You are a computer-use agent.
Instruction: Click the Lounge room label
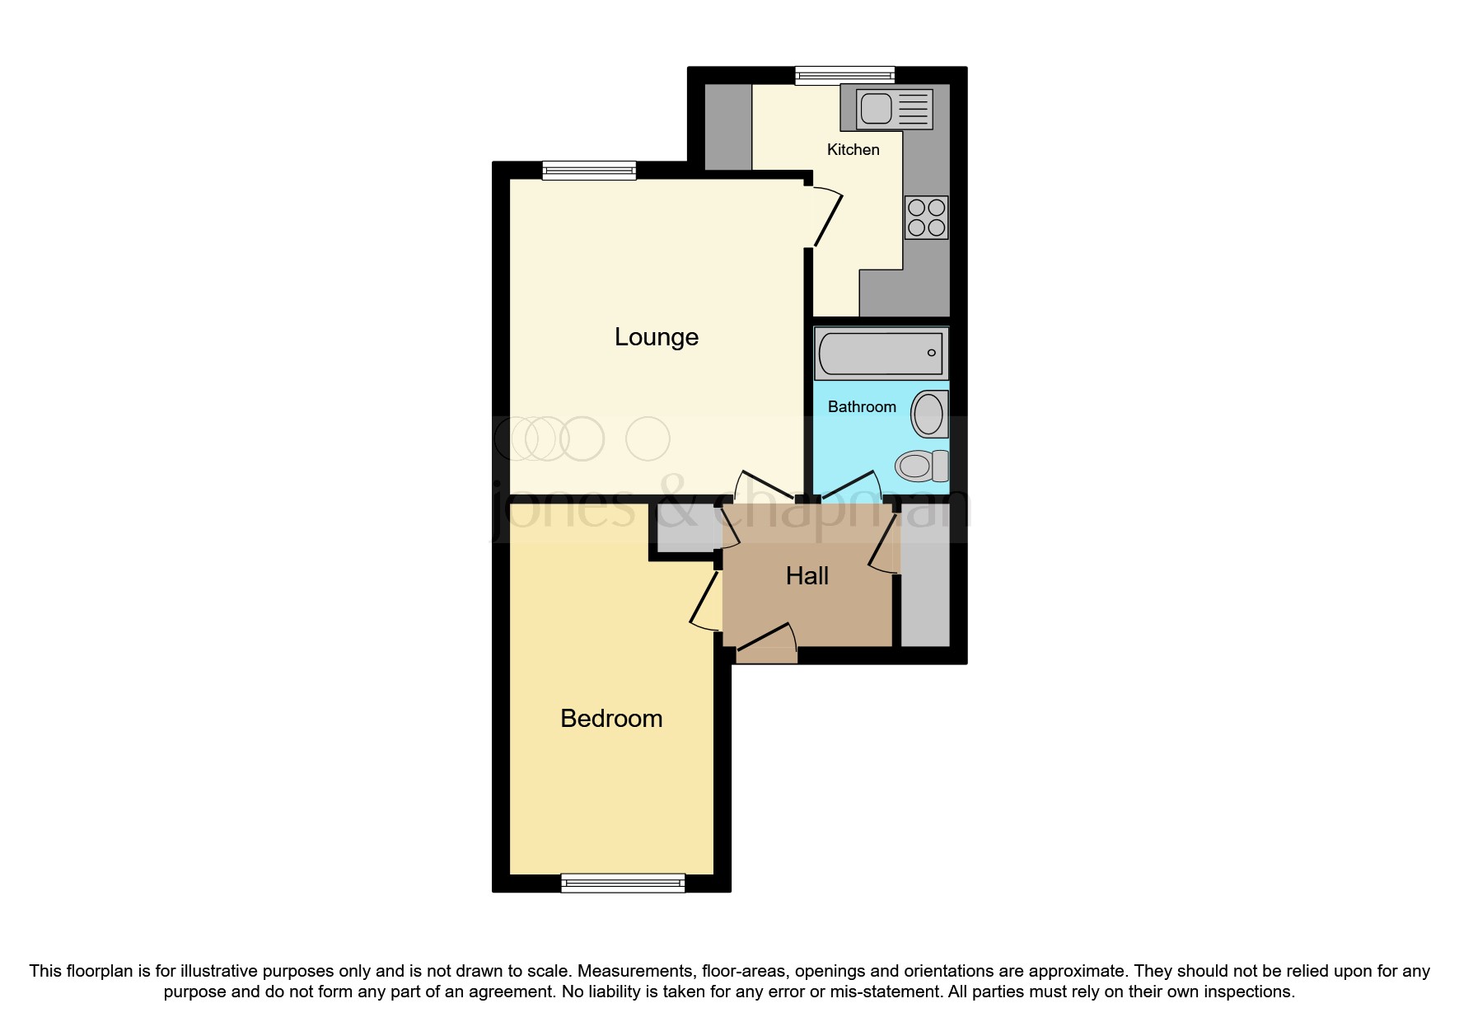pyautogui.click(x=657, y=337)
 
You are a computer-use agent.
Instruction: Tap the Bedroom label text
pyautogui.click(x=611, y=719)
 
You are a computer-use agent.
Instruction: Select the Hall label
pyautogui.click(x=807, y=576)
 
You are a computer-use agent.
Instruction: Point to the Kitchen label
pyautogui.click(x=853, y=150)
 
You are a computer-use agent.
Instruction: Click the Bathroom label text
pyautogui.click(x=862, y=407)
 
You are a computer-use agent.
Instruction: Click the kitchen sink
pyautogui.click(x=893, y=109)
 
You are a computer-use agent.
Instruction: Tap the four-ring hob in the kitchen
pyautogui.click(x=926, y=218)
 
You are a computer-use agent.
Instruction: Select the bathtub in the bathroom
pyautogui.click(x=881, y=354)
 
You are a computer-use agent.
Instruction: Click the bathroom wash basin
pyautogui.click(x=928, y=413)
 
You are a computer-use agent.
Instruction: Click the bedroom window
pyautogui.click(x=623, y=883)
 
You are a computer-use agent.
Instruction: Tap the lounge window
pyautogui.click(x=589, y=171)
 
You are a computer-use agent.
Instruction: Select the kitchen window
pyautogui.click(x=844, y=76)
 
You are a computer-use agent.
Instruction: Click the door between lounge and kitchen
pyautogui.click(x=827, y=218)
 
